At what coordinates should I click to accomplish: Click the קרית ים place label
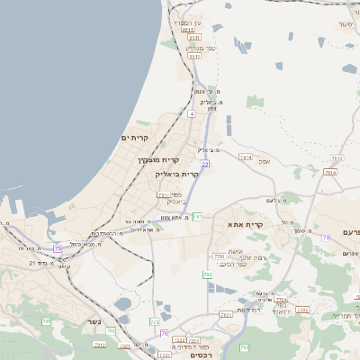pyautogui.click(x=134, y=138)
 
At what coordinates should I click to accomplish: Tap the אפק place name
pyautogui.click(x=265, y=161)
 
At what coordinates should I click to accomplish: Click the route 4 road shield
pyautogui.click(x=192, y=114)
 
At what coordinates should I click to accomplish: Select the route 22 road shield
pyautogui.click(x=205, y=164)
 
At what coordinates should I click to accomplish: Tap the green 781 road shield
pyautogui.click(x=197, y=217)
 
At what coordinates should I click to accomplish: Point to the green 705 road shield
pyautogui.click(x=46, y=321)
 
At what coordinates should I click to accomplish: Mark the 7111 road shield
pyautogui.click(x=163, y=194)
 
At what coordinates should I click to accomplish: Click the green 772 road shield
pyautogui.click(x=155, y=321)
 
